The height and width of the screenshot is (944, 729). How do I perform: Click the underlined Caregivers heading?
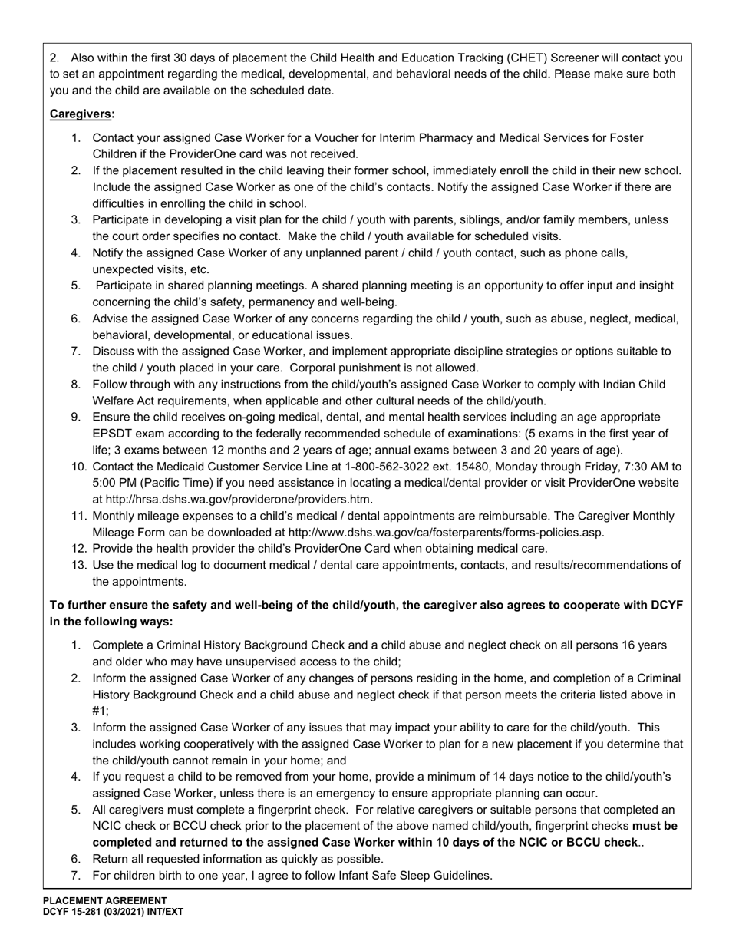coord(82,114)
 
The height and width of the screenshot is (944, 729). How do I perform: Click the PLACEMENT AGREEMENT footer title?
coord(104,901)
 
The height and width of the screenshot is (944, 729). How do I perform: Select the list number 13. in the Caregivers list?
coord(80,566)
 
